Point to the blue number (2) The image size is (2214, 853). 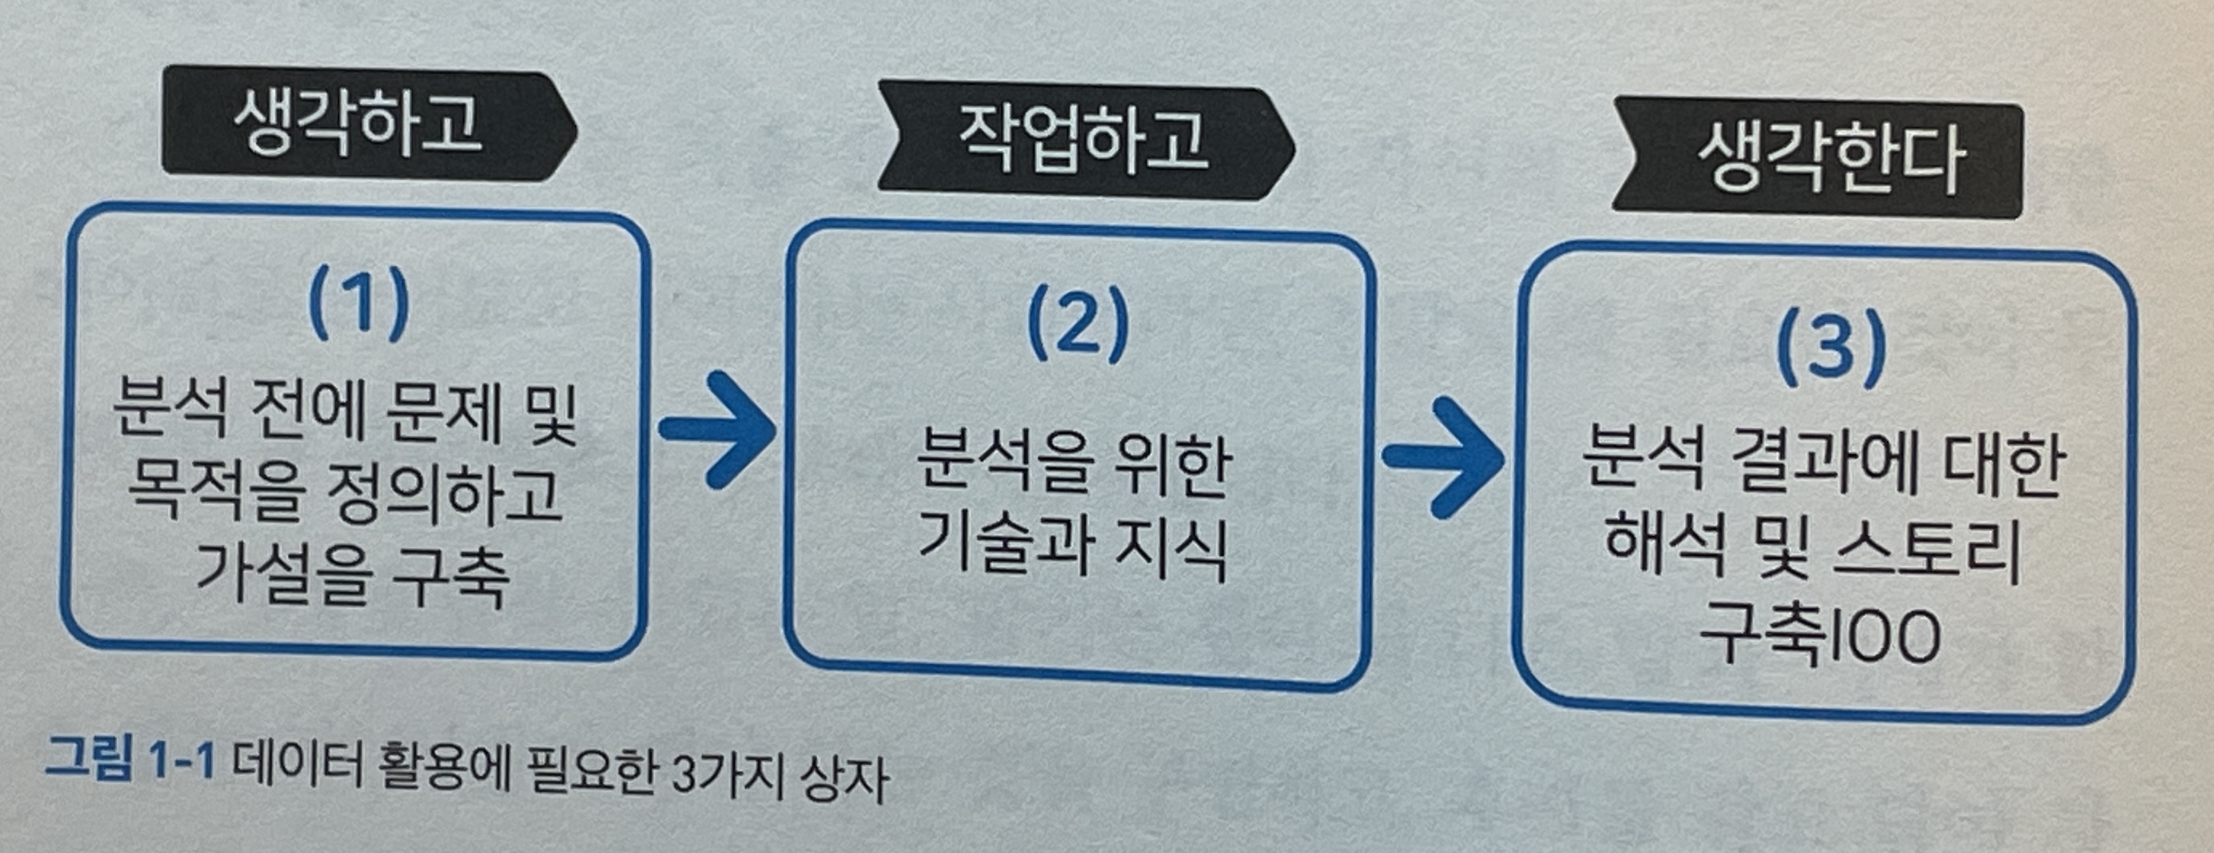pyautogui.click(x=1077, y=325)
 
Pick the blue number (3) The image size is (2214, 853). pyautogui.click(x=1830, y=349)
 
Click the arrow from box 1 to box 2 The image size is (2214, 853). pyautogui.click(x=718, y=430)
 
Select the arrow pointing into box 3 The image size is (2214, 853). pyautogui.click(x=1444, y=458)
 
